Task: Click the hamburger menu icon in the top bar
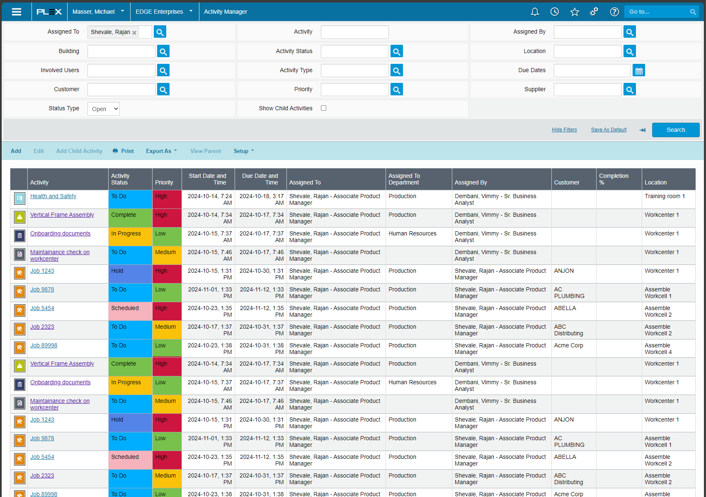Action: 17,12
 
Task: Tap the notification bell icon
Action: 535,12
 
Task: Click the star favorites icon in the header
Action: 575,12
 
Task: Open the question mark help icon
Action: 614,12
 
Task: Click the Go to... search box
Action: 657,12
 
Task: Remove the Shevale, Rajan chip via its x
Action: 134,33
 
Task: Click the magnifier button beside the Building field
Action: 163,51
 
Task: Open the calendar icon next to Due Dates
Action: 639,71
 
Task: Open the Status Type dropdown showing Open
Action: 104,109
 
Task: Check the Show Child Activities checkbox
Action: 324,108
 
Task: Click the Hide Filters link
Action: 564,130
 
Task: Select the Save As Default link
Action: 609,130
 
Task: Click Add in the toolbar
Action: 16,151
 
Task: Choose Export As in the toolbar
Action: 161,151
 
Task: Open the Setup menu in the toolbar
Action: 243,151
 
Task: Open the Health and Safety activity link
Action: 53,196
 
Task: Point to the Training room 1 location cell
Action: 665,196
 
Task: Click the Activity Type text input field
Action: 354,70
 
